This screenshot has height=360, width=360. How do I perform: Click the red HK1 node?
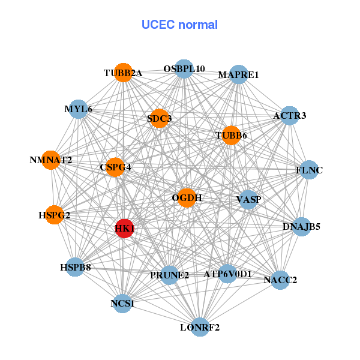(x=124, y=229)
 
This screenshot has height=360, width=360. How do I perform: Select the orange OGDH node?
(x=187, y=197)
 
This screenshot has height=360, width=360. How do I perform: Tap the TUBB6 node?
(x=231, y=136)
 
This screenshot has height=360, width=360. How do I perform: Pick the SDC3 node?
(x=159, y=119)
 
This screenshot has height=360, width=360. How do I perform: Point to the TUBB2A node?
(x=123, y=73)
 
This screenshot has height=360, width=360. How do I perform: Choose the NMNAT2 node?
(x=51, y=160)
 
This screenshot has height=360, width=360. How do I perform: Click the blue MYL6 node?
(x=79, y=109)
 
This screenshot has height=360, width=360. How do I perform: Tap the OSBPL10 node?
(x=184, y=69)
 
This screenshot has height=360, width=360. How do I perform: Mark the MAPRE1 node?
(x=239, y=75)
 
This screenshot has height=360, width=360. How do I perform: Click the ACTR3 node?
(x=290, y=115)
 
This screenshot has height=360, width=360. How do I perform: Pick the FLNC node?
(x=309, y=170)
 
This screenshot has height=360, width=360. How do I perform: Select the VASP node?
(x=248, y=199)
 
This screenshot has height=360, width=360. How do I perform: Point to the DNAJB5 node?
(x=302, y=227)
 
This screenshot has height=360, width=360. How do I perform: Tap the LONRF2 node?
(x=200, y=328)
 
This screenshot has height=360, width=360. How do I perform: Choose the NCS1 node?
(x=122, y=304)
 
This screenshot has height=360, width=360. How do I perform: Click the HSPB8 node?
(x=75, y=267)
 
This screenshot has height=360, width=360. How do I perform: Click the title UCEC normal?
(x=179, y=25)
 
